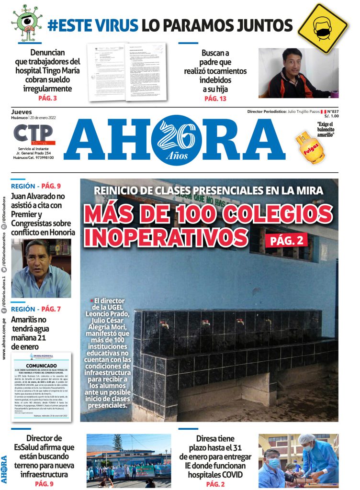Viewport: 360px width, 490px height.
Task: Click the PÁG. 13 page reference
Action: coord(215,99)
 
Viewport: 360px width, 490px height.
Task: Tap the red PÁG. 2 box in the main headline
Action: coord(289,240)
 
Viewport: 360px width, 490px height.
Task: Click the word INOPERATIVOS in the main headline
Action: coord(166,238)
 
